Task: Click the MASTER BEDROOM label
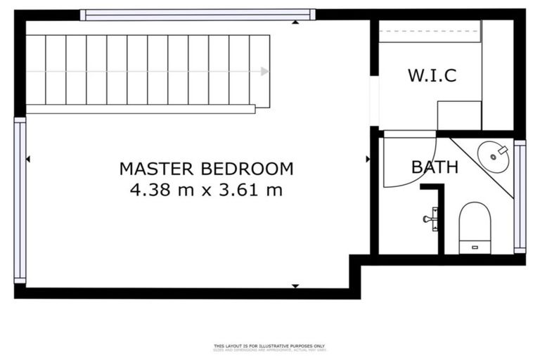[206, 169]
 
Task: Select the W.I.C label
[432, 75]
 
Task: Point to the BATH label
[435, 167]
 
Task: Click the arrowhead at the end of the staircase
[264, 71]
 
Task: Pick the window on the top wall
[197, 14]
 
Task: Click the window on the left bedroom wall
[20, 200]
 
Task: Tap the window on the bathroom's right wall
[520, 197]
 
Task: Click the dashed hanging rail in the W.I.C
[430, 32]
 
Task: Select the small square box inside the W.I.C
[459, 115]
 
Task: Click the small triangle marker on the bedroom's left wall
[28, 160]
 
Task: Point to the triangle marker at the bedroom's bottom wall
[295, 285]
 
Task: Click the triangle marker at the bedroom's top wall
[295, 22]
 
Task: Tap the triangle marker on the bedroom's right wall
[367, 160]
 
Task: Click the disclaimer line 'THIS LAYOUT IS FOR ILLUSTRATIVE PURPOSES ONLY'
[270, 346]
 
